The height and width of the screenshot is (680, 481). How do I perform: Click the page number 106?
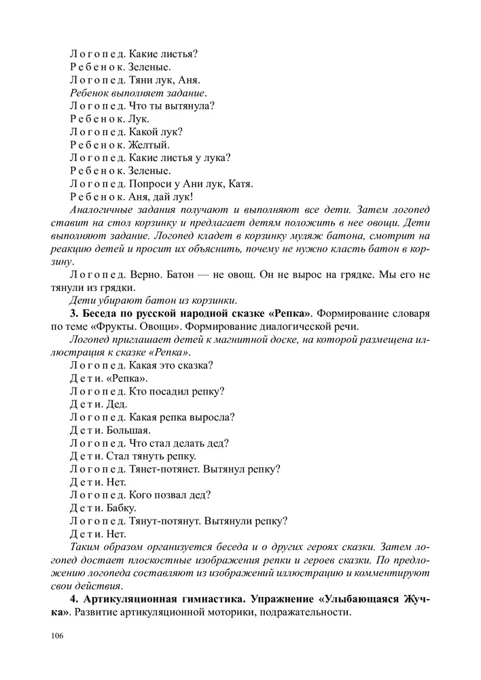[x=56, y=636]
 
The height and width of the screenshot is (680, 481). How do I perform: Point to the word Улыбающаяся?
[x=353, y=598]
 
